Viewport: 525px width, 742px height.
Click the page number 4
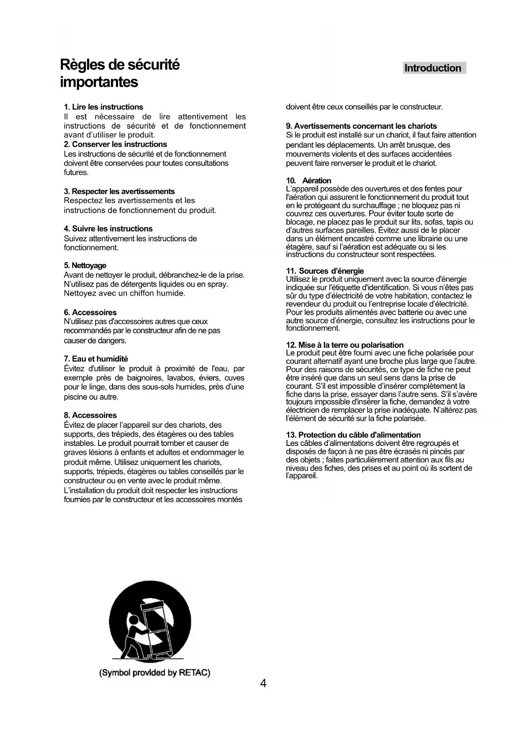click(x=263, y=684)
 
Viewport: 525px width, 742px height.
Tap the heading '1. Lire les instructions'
click(x=103, y=107)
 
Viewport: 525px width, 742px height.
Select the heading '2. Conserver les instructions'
click(x=115, y=144)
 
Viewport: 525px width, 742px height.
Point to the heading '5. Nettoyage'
click(x=85, y=266)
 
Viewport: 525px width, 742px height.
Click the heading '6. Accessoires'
click(x=90, y=313)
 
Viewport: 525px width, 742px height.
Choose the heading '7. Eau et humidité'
click(x=96, y=359)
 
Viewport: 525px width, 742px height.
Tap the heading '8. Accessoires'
click(x=90, y=415)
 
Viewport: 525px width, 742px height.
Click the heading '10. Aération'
click(x=308, y=181)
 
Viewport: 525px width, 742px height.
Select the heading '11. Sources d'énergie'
click(x=324, y=271)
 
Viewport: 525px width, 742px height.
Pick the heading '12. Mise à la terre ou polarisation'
click(x=345, y=345)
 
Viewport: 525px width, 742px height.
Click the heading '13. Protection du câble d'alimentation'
click(x=353, y=435)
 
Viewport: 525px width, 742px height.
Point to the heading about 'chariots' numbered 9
click(x=361, y=126)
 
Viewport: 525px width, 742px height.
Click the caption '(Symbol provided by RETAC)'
click(x=154, y=673)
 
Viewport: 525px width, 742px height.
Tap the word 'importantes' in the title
click(x=99, y=82)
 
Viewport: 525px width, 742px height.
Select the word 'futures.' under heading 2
click(x=76, y=173)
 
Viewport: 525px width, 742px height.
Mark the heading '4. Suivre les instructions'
click(x=108, y=229)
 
